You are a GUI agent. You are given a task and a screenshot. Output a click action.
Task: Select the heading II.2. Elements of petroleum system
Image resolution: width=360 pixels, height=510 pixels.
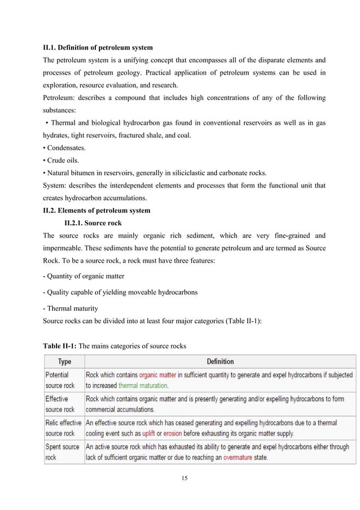click(96, 211)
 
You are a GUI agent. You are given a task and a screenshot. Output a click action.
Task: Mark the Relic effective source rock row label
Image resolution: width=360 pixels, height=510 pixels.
click(63, 428)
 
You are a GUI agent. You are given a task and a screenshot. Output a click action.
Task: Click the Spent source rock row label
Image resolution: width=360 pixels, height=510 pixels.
click(62, 452)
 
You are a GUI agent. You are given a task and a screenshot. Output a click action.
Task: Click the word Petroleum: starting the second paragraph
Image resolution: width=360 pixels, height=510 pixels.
click(59, 98)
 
